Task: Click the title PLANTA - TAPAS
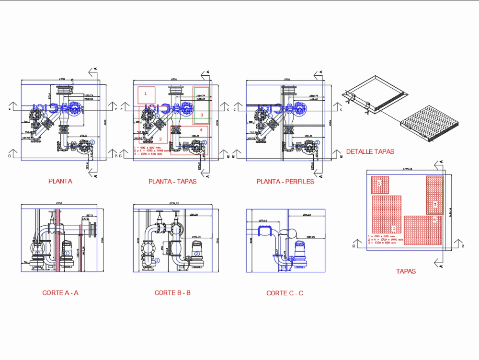[172, 182]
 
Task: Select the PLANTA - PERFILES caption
[285, 182]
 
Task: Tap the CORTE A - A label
[60, 292]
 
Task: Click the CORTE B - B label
[172, 292]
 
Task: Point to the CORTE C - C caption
[285, 293]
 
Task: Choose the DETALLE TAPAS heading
[370, 151]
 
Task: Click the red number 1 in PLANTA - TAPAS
[146, 93]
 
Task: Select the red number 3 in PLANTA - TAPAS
[202, 115]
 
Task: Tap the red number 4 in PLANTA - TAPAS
[201, 129]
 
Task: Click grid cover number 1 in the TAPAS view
[379, 184]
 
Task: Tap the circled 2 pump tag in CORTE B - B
[196, 254]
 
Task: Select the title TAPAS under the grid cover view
[406, 271]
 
